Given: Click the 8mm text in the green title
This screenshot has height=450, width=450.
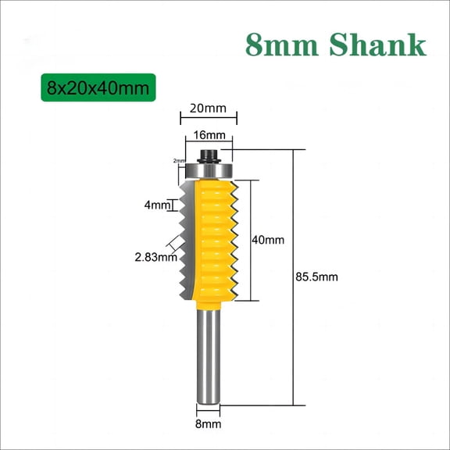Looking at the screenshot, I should pyautogui.click(x=282, y=45).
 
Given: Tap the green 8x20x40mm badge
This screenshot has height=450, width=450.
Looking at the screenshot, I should pyautogui.click(x=99, y=87).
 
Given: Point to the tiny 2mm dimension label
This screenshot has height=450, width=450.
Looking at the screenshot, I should pyautogui.click(x=179, y=161).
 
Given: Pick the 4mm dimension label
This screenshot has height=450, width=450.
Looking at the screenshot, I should pyautogui.click(x=155, y=205).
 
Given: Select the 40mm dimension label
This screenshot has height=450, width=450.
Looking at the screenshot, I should pyautogui.click(x=268, y=241).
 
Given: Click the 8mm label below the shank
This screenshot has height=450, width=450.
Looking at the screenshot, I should pyautogui.click(x=208, y=424).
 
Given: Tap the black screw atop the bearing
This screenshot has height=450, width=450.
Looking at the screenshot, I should pyautogui.click(x=209, y=151).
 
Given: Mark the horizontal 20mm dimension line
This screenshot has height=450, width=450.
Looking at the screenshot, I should pyautogui.click(x=209, y=119).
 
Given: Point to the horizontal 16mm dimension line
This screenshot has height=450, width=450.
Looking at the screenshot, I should pyautogui.click(x=209, y=145).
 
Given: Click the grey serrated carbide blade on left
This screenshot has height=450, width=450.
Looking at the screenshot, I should pyautogui.click(x=186, y=234).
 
